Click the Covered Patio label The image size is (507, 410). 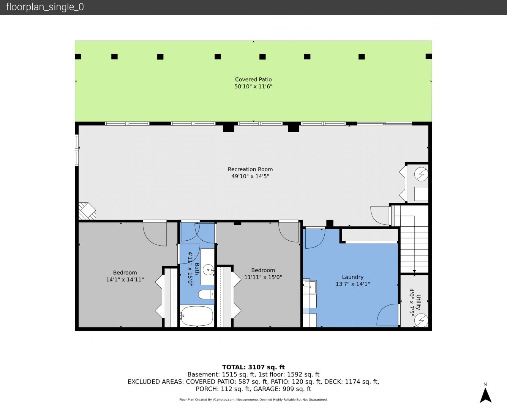253,83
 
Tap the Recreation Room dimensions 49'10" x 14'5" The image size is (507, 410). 250,176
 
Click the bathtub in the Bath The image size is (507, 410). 197,316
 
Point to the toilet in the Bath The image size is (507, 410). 206,295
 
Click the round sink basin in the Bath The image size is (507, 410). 208,270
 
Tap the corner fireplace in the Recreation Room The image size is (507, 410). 87,211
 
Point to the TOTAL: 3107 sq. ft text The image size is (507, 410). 253,367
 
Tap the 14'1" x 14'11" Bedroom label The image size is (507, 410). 125,276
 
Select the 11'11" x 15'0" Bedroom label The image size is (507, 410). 263,274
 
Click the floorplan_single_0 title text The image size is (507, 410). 45,7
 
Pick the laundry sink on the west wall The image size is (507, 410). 310,287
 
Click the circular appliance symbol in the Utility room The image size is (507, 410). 421,320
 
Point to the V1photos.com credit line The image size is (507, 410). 253,399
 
